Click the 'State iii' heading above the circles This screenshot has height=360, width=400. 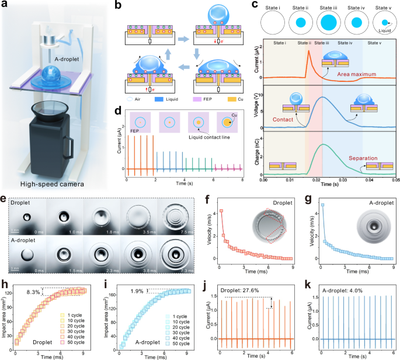[326, 7]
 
